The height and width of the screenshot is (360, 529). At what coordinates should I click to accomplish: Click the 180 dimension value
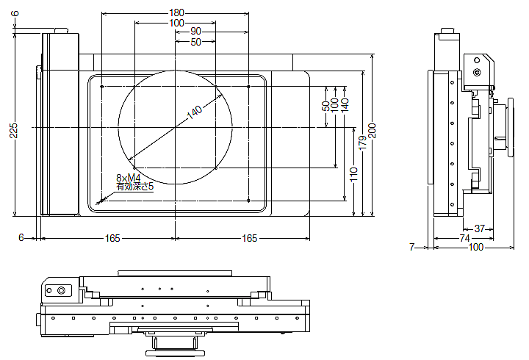pos(176,12)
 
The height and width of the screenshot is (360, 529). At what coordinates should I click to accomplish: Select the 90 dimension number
pos(195,32)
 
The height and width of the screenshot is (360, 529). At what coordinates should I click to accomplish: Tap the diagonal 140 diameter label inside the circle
pos(194,112)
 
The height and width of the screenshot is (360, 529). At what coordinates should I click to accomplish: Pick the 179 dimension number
pos(361,143)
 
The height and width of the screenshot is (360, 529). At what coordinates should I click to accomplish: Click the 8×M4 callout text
pos(128,178)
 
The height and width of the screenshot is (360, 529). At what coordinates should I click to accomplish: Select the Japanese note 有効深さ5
pos(134,187)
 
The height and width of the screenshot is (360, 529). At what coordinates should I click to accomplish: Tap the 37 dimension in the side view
pos(479,228)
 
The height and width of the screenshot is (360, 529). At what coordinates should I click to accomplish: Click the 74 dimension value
pos(464,238)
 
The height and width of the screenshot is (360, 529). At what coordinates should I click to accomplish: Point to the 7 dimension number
pos(412,248)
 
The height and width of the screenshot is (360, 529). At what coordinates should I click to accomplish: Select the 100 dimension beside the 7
pos(475,248)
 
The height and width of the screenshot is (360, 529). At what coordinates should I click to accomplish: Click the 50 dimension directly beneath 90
pos(195,42)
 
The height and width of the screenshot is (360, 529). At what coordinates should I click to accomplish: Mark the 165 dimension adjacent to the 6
pos(112,238)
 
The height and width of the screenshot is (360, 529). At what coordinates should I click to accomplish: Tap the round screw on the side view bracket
pos(478,73)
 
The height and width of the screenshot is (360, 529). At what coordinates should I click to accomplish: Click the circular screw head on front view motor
pos(60,291)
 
